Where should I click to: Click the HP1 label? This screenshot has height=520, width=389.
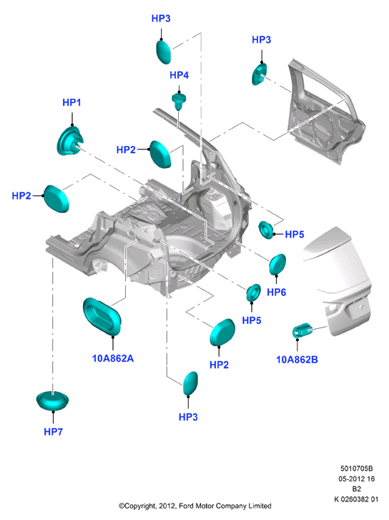click(72, 102)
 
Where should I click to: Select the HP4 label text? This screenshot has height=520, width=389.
click(179, 75)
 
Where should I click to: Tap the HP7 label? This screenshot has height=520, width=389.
click(53, 432)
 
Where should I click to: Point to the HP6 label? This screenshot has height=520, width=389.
click(276, 292)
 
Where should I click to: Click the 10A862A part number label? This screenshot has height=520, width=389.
click(113, 358)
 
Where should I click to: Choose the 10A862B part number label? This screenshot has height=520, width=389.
click(297, 360)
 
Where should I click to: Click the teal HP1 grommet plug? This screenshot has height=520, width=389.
click(70, 141)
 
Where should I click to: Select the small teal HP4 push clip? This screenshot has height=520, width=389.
click(179, 101)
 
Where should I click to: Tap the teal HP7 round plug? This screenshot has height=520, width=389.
click(52, 401)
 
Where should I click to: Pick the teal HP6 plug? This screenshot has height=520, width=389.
click(277, 265)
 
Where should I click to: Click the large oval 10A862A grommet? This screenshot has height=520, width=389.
click(102, 316)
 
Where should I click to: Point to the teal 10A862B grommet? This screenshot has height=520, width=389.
click(302, 330)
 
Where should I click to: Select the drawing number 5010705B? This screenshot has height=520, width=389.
click(357, 469)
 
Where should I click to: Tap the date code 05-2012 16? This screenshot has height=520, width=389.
click(357, 479)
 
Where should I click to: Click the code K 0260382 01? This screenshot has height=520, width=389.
click(357, 499)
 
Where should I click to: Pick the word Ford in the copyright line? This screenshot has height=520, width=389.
click(187, 506)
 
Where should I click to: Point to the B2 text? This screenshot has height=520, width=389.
click(357, 489)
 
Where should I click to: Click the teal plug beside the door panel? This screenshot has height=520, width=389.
click(260, 74)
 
